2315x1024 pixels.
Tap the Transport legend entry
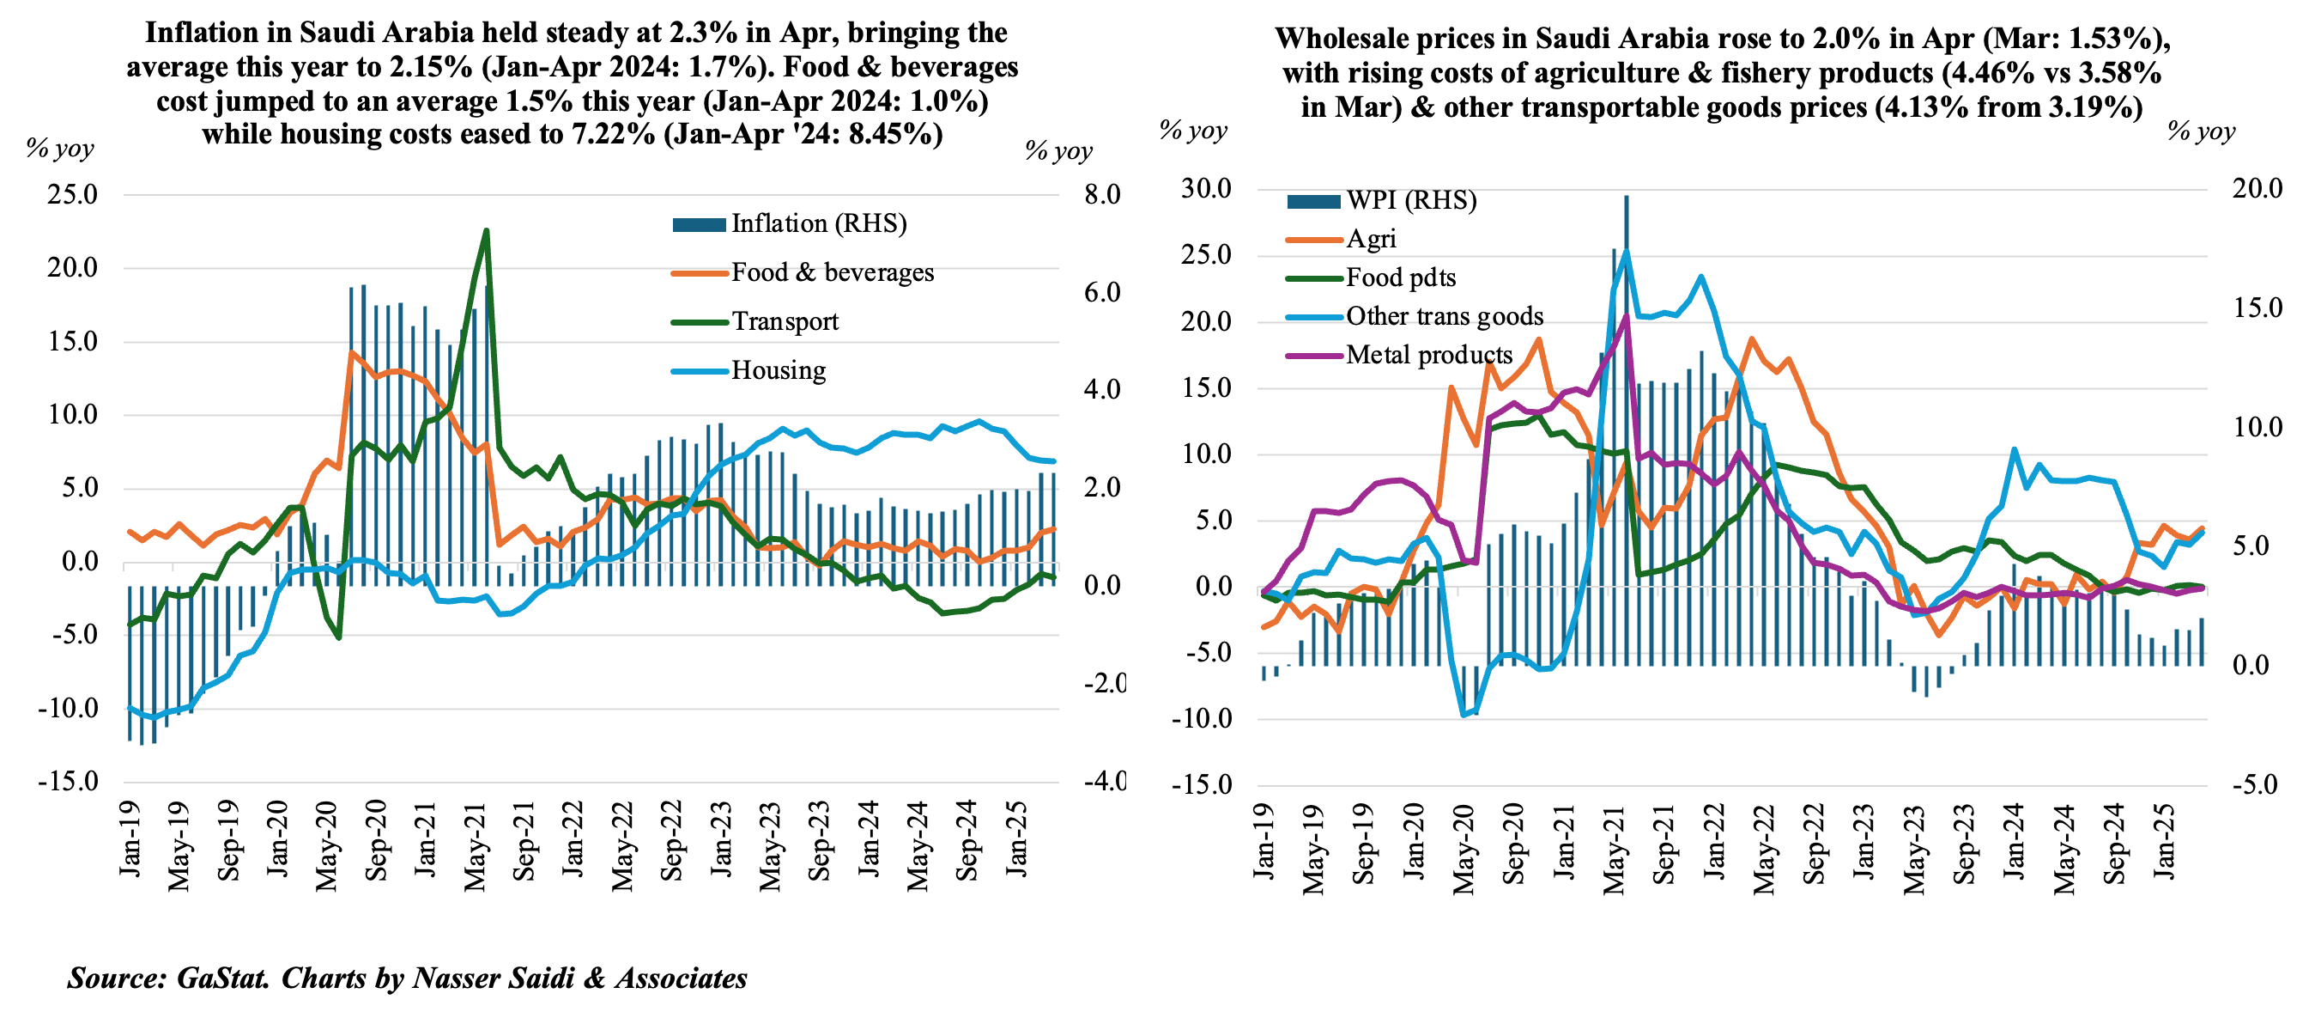(784, 322)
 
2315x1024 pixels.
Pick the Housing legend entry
(778, 370)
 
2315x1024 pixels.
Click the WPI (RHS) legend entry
(1410, 200)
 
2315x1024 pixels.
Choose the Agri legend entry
(1371, 239)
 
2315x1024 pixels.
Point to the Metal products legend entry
(1429, 355)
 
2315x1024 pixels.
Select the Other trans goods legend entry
(1443, 316)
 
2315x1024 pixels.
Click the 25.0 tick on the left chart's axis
(72, 195)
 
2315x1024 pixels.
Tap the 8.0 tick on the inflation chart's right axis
(1102, 195)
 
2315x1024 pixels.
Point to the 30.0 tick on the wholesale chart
(1206, 189)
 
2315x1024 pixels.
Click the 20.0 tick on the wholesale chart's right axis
(2257, 189)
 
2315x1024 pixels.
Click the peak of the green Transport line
(486, 231)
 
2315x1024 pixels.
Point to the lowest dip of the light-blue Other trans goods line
(1465, 715)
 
